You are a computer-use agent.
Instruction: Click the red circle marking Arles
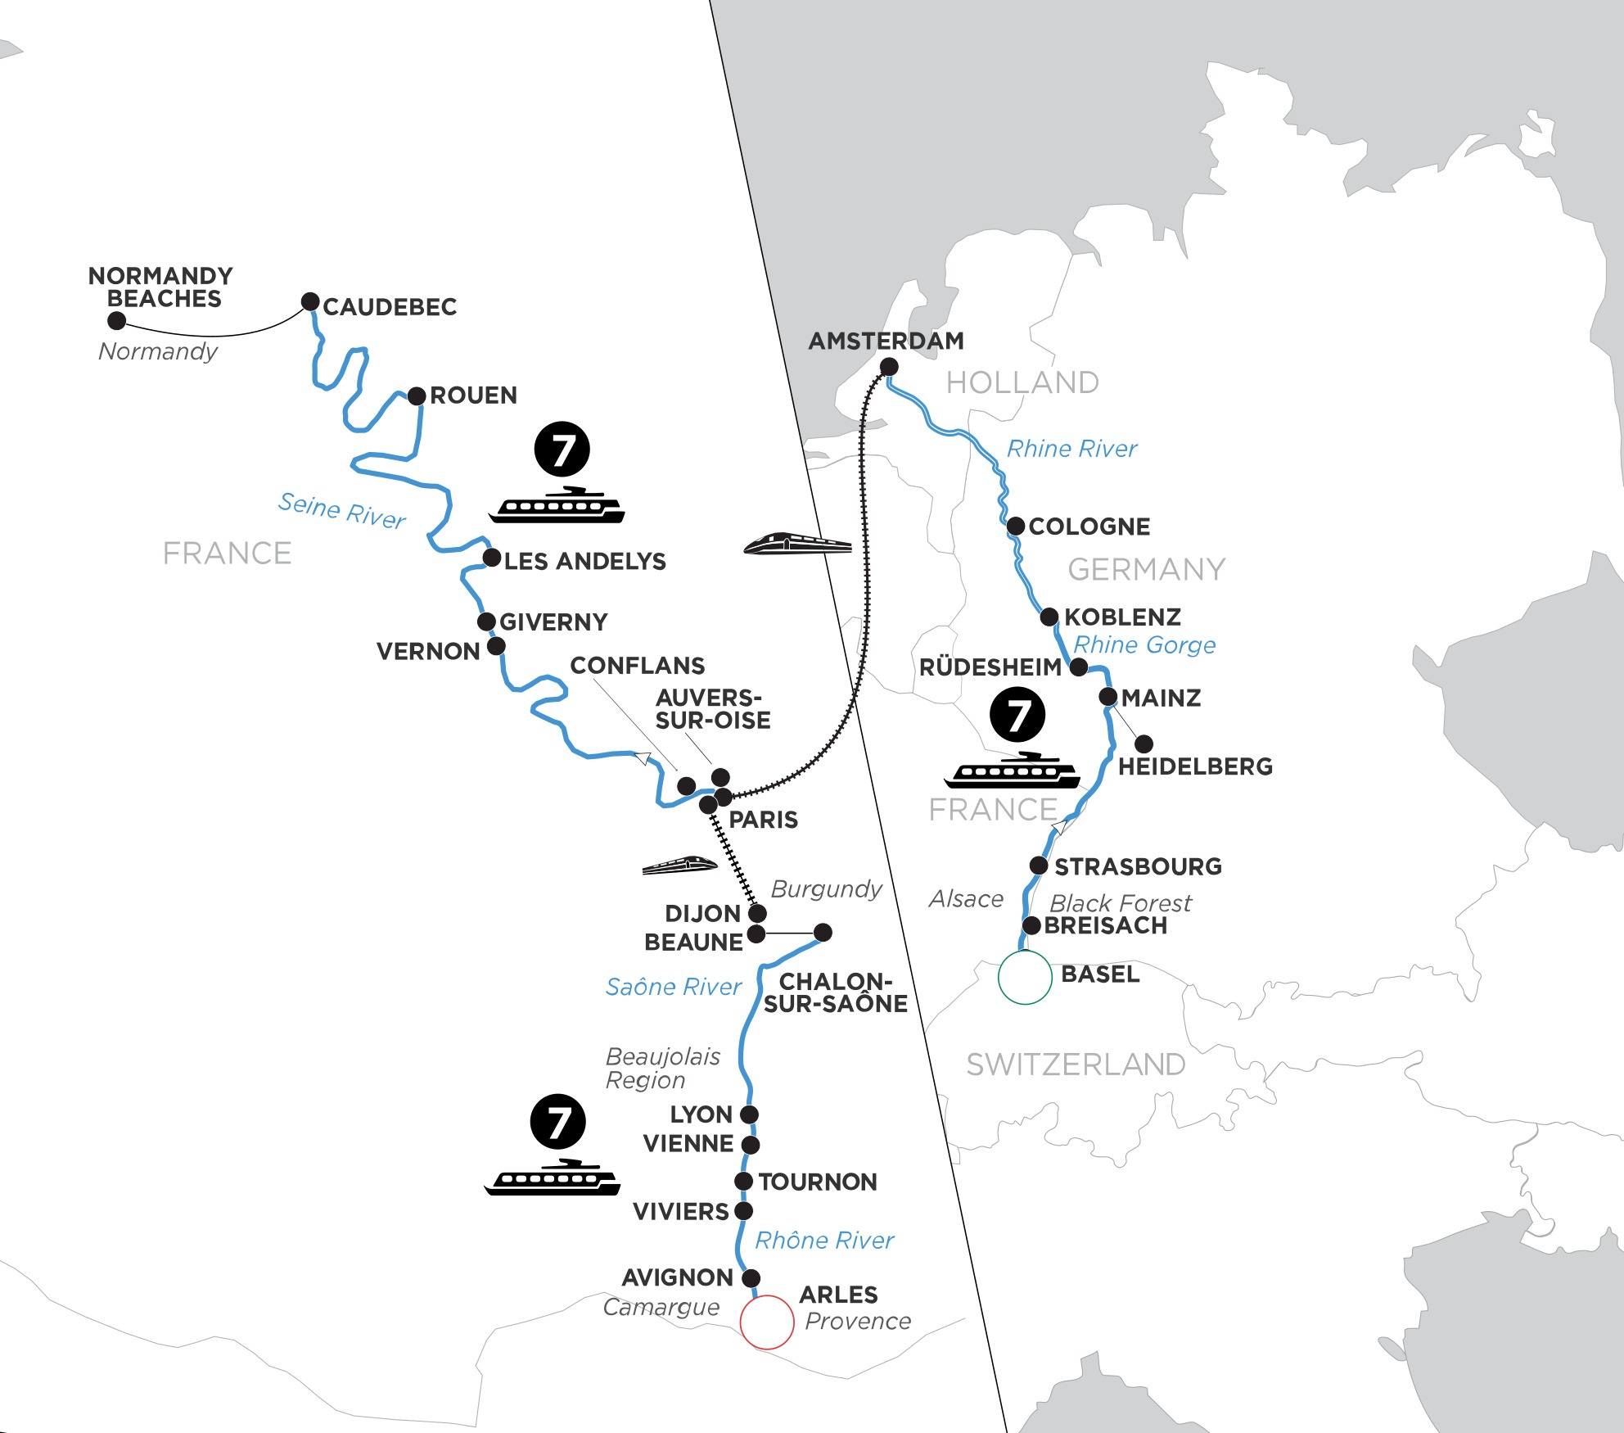click(767, 1322)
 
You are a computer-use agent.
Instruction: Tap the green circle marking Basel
click(1025, 977)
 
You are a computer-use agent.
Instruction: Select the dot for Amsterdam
click(888, 368)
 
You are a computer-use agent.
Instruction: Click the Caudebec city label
click(390, 307)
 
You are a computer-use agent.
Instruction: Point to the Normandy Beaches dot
click(117, 320)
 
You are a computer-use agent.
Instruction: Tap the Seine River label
click(341, 510)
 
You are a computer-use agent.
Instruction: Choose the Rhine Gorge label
click(1144, 645)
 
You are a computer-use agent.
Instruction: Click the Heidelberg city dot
click(1144, 744)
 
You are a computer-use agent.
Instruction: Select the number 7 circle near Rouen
click(562, 450)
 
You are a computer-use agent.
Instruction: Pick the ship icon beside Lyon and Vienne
click(553, 1179)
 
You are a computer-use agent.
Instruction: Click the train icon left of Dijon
click(680, 865)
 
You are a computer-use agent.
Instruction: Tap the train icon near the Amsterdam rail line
click(797, 544)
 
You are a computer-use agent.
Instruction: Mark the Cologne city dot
click(1015, 527)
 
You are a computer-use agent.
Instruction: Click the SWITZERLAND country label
click(1076, 1065)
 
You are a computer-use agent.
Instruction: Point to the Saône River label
click(673, 987)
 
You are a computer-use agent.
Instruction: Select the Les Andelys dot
click(491, 558)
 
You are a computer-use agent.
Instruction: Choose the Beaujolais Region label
click(662, 1068)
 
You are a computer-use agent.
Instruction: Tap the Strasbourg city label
click(1138, 866)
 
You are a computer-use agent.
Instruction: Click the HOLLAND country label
click(1022, 382)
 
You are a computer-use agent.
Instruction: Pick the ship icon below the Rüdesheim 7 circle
click(1012, 771)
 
